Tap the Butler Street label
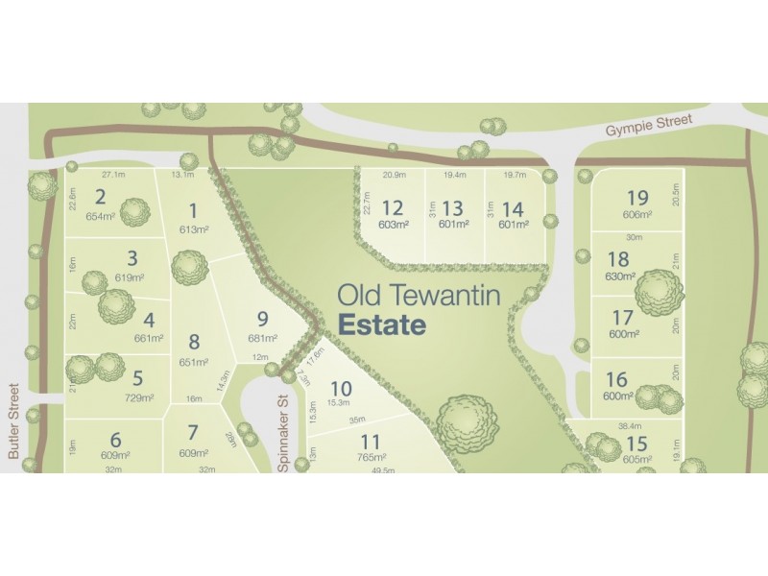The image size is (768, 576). (x=14, y=421)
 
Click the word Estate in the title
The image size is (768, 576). (x=381, y=324)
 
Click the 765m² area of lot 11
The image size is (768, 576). (x=371, y=460)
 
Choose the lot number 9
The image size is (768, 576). (x=261, y=321)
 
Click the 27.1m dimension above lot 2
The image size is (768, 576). (x=112, y=175)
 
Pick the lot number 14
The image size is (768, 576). (x=513, y=208)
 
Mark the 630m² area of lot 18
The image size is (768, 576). (x=620, y=276)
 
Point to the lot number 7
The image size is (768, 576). (x=193, y=433)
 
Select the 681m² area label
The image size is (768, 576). (x=262, y=338)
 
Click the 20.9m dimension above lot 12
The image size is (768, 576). (x=394, y=175)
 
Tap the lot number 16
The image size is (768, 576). (x=617, y=379)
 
